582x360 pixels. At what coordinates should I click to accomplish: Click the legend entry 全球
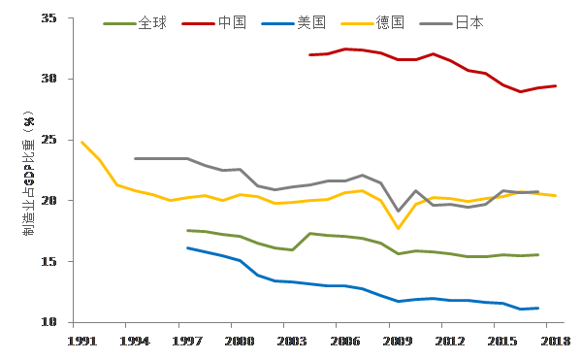point(135,23)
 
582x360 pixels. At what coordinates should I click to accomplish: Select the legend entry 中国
point(214,23)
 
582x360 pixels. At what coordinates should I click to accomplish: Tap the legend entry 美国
point(294,23)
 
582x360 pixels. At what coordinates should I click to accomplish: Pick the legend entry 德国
point(372,23)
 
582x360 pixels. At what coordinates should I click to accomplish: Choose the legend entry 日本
point(452,23)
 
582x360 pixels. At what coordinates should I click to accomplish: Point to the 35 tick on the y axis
point(49,17)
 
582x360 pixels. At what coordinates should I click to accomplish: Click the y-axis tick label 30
point(49,79)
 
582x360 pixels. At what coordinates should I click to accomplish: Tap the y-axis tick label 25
point(49,140)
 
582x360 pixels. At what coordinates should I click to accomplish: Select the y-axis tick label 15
point(49,261)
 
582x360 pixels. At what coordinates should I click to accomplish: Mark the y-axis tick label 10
point(49,322)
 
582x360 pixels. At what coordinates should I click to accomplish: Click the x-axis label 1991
point(81,341)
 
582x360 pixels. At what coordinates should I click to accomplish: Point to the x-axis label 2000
point(240,341)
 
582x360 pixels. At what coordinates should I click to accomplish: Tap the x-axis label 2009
point(397,341)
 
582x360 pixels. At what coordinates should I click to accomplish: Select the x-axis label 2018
point(555,341)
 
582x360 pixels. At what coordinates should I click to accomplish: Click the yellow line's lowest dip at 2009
point(399,228)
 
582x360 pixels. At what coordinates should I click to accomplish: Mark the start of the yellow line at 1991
point(81,142)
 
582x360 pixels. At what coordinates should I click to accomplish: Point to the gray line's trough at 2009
point(399,211)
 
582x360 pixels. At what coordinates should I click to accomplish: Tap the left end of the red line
point(310,55)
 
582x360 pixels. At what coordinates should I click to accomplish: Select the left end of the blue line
point(187,247)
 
